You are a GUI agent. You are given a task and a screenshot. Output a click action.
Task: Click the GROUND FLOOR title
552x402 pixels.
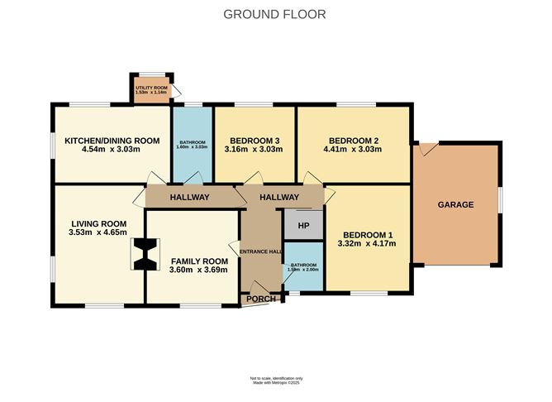275,14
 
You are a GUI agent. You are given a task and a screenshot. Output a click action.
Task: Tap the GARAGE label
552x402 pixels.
455,203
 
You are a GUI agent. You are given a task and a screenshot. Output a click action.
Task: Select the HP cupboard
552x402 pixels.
303,225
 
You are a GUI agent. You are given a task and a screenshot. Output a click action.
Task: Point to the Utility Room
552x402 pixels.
151,89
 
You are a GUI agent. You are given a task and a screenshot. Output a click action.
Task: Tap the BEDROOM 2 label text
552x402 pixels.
353,140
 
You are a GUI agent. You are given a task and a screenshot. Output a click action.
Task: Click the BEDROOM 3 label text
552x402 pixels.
254,140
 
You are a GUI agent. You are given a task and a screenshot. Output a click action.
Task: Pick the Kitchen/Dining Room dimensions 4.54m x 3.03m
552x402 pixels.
112,150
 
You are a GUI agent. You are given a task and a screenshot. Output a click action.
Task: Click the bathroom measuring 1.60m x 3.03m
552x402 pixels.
192,145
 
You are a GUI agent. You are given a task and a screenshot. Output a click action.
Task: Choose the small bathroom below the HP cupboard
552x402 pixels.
302,266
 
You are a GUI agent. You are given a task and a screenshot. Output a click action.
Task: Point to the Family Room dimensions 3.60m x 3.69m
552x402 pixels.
192,270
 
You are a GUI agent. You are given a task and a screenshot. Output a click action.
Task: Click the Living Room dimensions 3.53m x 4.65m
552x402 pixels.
98,233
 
